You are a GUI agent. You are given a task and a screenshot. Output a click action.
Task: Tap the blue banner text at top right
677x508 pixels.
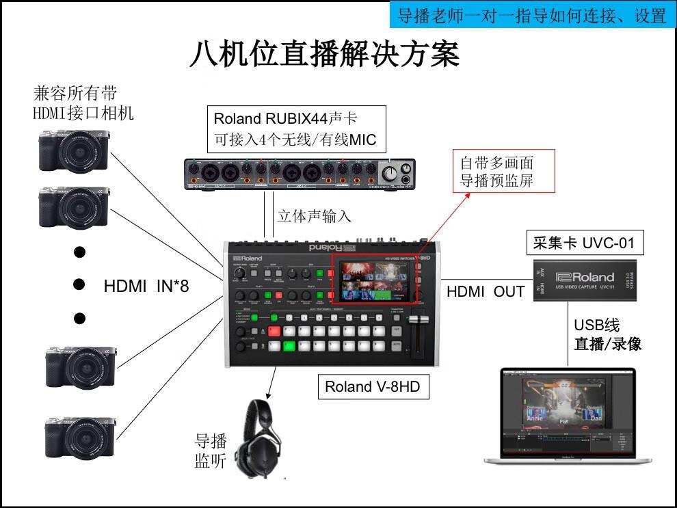531,15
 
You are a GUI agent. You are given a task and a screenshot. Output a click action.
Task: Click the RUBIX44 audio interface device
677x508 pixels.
300,173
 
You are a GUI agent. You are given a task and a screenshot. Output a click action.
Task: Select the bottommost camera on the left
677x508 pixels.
78,437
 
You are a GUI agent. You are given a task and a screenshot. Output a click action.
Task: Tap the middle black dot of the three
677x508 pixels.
79,284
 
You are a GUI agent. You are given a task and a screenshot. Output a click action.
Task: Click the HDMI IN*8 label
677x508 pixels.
146,286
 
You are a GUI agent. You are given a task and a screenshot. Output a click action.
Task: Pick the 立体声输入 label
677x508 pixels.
314,216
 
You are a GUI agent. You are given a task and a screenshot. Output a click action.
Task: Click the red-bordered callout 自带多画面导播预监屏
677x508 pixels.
496,171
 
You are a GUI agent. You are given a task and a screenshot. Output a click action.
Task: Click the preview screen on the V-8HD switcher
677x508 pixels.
374,279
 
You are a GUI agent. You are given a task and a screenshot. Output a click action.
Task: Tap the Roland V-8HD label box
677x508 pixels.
372,387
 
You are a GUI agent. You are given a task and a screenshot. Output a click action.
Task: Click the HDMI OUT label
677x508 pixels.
486,291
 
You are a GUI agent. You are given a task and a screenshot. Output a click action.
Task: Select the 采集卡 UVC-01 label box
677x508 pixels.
587,242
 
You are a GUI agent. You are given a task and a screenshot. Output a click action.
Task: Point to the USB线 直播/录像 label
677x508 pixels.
607,334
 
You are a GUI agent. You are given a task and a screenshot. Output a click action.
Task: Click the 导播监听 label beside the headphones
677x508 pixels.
211,451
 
